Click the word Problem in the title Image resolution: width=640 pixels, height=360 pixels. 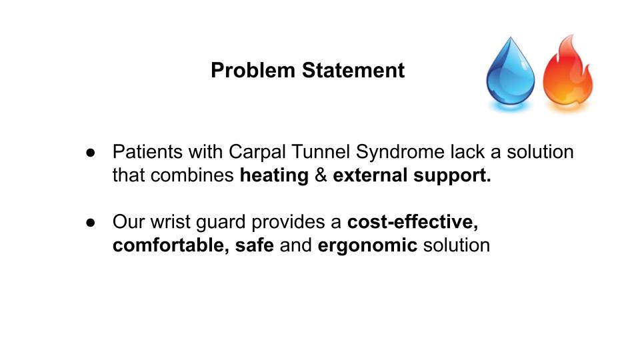[x=253, y=70]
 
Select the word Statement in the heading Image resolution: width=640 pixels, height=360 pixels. [x=353, y=70]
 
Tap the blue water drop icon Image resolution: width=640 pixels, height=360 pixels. [x=510, y=73]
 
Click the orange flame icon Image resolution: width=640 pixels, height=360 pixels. [x=568, y=73]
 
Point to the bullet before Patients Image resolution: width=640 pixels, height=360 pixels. [x=91, y=153]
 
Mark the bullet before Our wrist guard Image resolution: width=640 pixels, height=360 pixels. [x=91, y=223]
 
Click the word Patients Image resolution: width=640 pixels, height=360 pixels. [x=147, y=152]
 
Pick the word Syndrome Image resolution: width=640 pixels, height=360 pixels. [x=400, y=153]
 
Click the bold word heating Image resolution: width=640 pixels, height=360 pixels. [x=274, y=176]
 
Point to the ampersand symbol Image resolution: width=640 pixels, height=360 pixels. [x=321, y=175]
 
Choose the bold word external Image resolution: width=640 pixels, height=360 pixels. [x=370, y=175]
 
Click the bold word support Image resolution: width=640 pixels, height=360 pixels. [x=452, y=176]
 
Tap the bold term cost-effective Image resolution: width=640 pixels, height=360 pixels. [x=413, y=222]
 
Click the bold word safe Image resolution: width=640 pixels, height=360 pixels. [x=254, y=245]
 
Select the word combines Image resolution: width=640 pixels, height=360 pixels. [x=192, y=175]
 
